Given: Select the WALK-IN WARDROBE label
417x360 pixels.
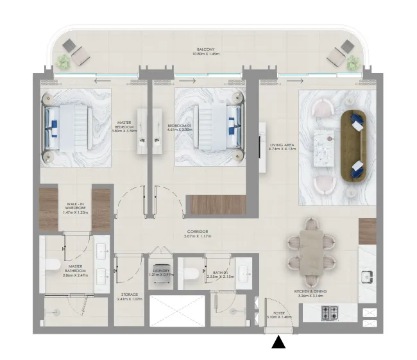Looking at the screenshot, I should (76, 209).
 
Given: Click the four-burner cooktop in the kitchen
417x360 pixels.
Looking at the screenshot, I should (330, 314).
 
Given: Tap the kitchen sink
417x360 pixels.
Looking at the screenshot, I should (367, 277).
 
